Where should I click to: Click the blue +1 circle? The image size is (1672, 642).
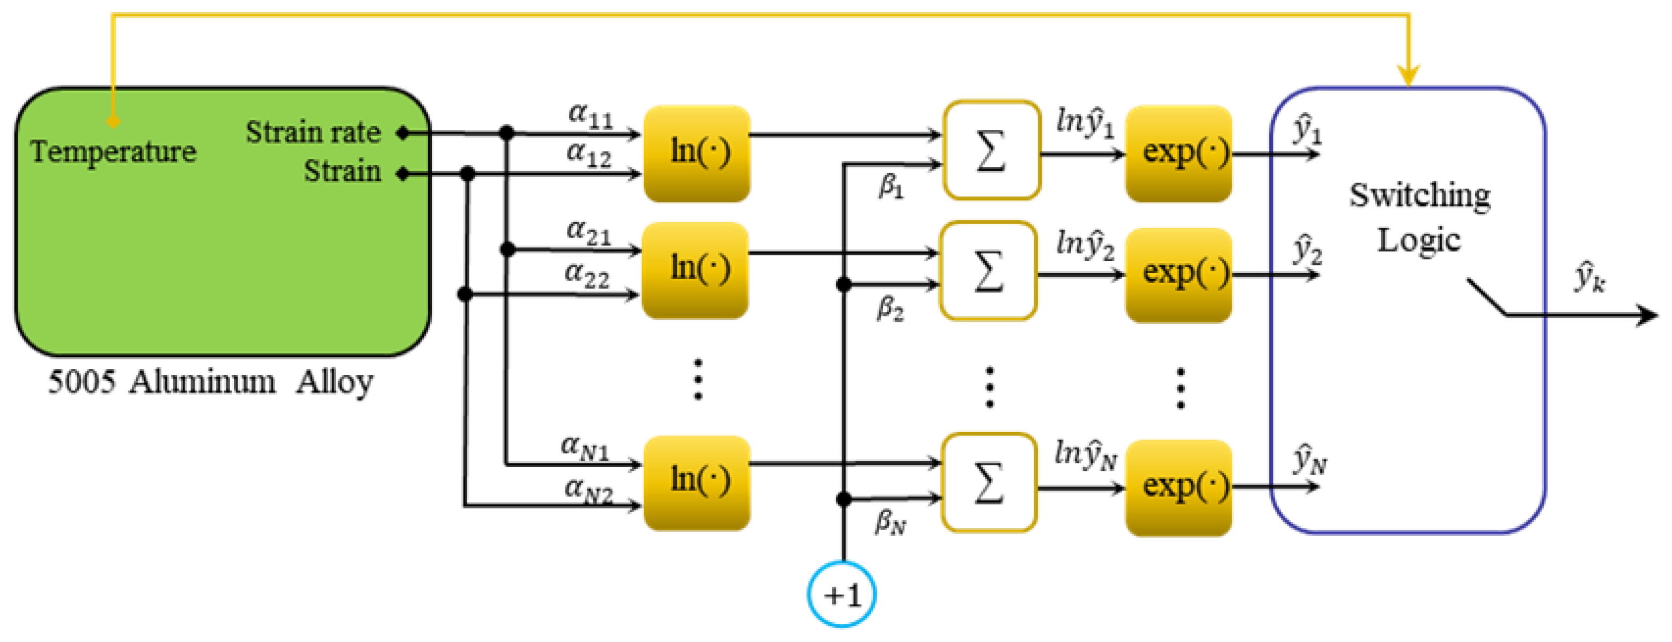[841, 593]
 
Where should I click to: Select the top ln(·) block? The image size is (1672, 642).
[697, 153]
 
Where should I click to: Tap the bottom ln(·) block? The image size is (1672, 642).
[697, 483]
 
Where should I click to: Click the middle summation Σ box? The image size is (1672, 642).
[988, 271]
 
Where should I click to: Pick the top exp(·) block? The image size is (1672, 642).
[1178, 153]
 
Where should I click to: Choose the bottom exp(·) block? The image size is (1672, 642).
[1178, 487]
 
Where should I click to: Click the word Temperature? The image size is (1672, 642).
[113, 152]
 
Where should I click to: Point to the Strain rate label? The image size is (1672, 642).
[313, 132]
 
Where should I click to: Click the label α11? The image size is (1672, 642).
[590, 115]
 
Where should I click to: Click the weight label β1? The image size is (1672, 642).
[890, 187]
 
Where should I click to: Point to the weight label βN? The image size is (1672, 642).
[890, 522]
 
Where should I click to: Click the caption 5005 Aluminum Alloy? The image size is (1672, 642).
[210, 382]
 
